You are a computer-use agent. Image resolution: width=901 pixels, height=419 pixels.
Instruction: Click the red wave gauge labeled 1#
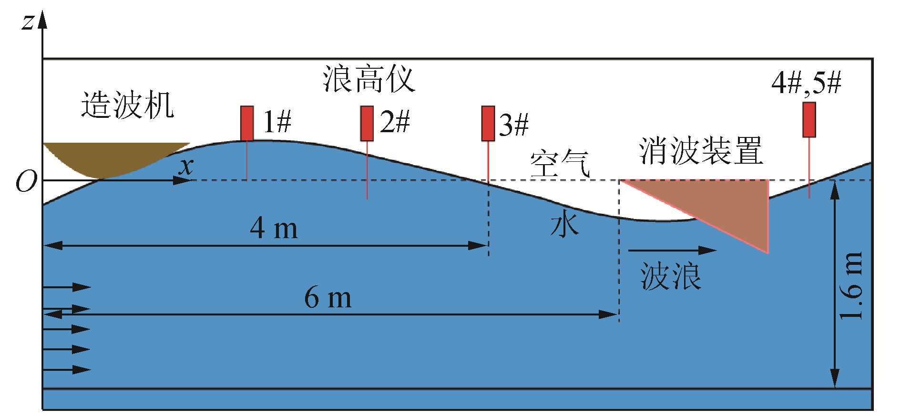246,123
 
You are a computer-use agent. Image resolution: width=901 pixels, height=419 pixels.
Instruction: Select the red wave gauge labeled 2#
367,123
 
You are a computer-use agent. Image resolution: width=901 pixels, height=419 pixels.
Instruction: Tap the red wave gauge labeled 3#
488,123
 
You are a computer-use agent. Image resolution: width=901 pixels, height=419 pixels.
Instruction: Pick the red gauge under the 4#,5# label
809,119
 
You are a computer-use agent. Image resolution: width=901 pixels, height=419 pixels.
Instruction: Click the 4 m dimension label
274,228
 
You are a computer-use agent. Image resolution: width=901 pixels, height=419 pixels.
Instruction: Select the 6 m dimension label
328,298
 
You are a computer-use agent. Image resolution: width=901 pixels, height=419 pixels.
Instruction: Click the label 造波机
127,105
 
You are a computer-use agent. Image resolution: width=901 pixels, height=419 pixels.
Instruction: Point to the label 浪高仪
369,79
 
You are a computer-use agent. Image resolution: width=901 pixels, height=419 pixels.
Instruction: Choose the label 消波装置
700,151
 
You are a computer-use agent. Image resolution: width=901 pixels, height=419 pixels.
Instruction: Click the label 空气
560,163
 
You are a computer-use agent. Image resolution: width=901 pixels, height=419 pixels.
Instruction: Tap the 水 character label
564,224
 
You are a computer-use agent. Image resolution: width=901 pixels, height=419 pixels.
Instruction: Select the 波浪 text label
670,277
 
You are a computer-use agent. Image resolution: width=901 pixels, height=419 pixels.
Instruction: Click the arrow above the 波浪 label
672,250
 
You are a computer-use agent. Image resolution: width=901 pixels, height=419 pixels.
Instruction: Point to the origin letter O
26,182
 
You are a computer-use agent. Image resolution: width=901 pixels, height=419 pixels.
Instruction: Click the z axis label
28,21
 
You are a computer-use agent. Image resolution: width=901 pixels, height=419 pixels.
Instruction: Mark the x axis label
186,166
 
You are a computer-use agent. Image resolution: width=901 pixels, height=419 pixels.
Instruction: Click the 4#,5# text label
806,83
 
